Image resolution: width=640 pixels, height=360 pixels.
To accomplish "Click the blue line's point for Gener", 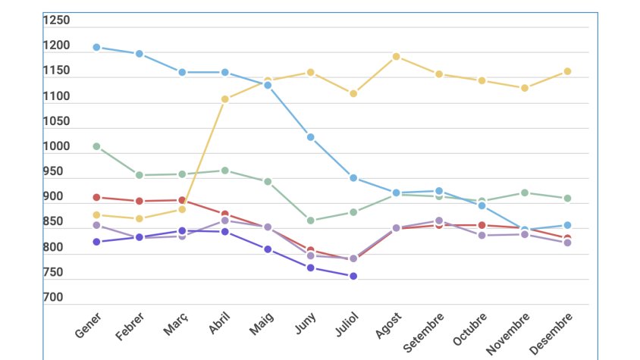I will (x=96, y=47).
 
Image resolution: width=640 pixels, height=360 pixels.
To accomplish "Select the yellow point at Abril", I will (x=225, y=99).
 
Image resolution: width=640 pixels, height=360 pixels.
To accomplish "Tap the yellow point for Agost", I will (x=396, y=56).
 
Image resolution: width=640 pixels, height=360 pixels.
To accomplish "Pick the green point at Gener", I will (x=96, y=146).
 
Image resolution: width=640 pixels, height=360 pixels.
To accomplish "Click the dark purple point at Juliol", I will (x=353, y=276).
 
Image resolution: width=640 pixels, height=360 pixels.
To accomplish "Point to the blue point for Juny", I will (x=310, y=137).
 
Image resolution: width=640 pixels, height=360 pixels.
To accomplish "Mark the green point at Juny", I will (x=310, y=221).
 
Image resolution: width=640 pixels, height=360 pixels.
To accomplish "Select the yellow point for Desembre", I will (x=567, y=71).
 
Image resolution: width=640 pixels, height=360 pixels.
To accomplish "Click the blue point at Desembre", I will (x=567, y=225).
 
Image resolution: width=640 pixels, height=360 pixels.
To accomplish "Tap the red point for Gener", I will (x=96, y=197).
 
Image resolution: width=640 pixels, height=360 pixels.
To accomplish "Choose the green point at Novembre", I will (x=524, y=193).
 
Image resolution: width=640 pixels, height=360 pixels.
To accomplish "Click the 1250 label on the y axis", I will (x=56, y=20).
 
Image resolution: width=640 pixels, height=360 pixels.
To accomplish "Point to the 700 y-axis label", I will (x=53, y=298).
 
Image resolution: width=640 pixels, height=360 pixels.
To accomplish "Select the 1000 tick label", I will (x=56, y=146).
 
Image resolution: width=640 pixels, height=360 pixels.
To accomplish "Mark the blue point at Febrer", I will (x=140, y=54).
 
